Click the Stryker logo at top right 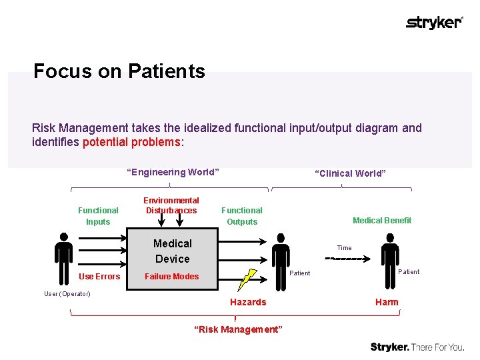pyautogui.click(x=434, y=23)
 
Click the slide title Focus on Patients pyautogui.click(x=119, y=71)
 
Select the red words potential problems pyautogui.click(x=131, y=142)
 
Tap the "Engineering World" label pyautogui.click(x=173, y=172)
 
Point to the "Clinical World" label pyautogui.click(x=350, y=173)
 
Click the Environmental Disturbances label pyautogui.click(x=171, y=205)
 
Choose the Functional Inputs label pyautogui.click(x=98, y=215)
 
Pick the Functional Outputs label pyautogui.click(x=242, y=215)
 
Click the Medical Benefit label pyautogui.click(x=382, y=220)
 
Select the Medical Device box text pyautogui.click(x=172, y=251)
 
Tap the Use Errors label pyautogui.click(x=99, y=277)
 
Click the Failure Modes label pyautogui.click(x=172, y=277)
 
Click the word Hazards pyautogui.click(x=248, y=302)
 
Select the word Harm pyautogui.click(x=387, y=302)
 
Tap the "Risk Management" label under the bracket pyautogui.click(x=238, y=329)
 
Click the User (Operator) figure pyautogui.click(x=64, y=259)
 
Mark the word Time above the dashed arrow pyautogui.click(x=344, y=247)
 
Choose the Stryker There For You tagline pyautogui.click(x=417, y=347)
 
